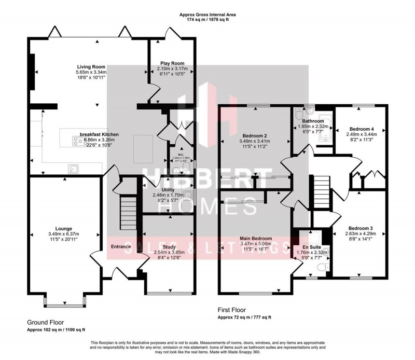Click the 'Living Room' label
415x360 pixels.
(x=91, y=67)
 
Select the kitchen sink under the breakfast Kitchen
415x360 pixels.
(x=75, y=167)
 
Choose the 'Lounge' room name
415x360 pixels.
(x=63, y=228)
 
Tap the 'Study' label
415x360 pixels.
(x=169, y=247)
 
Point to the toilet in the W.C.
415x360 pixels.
(x=179, y=167)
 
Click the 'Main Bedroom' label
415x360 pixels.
(x=256, y=239)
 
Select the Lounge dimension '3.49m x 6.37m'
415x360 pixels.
(x=63, y=234)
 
